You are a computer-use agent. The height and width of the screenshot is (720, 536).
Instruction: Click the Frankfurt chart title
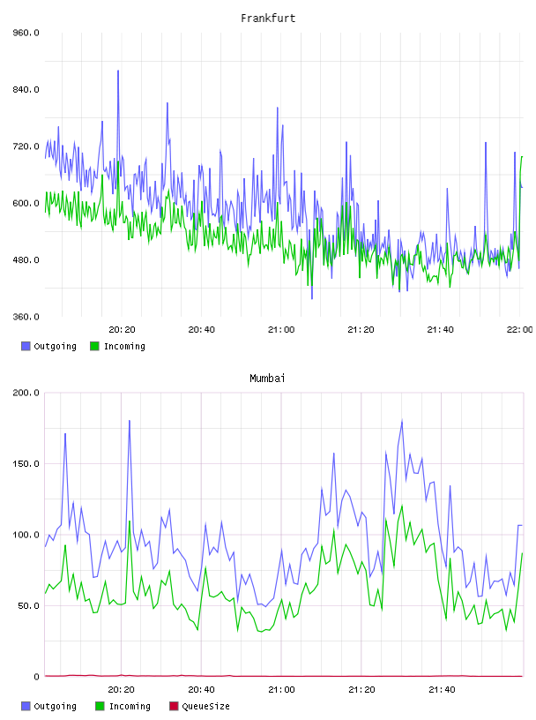[268, 18]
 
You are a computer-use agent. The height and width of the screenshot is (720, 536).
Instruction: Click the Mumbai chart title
[267, 378]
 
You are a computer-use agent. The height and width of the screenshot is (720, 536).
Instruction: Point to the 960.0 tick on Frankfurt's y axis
[26, 33]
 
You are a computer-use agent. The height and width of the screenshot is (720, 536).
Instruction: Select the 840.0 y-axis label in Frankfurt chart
[26, 89]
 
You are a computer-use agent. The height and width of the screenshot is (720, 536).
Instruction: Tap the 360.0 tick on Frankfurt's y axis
[26, 317]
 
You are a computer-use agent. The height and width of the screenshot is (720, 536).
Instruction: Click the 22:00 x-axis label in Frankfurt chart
[519, 329]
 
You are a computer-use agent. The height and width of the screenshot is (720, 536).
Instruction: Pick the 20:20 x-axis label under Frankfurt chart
[122, 329]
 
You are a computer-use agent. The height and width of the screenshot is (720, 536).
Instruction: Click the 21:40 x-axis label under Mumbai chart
[442, 689]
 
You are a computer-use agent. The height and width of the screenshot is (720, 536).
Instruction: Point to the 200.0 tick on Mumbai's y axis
[26, 393]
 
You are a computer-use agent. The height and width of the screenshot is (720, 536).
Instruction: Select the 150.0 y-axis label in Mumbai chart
[26, 464]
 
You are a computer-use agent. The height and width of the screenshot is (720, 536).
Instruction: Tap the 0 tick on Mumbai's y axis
[37, 677]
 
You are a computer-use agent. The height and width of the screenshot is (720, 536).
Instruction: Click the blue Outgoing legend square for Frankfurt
[26, 346]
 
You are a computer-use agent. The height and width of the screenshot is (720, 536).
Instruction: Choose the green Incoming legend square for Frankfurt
[94, 346]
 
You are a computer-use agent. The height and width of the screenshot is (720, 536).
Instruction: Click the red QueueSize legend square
[174, 706]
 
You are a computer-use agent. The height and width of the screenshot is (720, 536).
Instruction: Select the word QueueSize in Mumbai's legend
[205, 706]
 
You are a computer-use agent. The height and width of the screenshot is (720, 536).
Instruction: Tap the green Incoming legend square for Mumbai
[100, 706]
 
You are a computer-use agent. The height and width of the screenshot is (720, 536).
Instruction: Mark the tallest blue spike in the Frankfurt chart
[118, 71]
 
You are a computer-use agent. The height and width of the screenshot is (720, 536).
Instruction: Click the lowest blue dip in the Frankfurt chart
[312, 298]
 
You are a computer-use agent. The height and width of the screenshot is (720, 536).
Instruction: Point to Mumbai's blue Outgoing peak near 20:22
[130, 421]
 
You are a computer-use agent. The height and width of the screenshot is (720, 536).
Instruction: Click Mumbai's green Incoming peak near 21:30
[402, 506]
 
